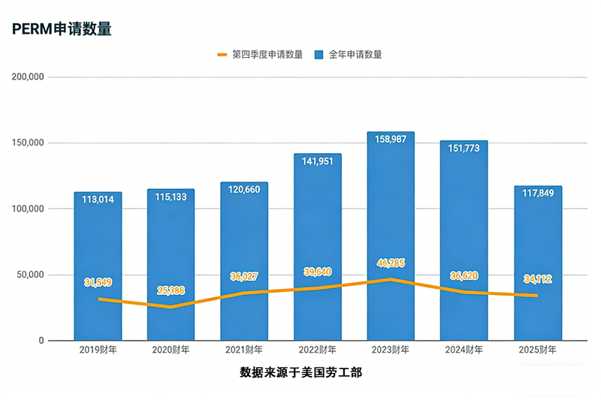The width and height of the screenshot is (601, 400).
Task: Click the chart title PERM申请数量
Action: point(62,29)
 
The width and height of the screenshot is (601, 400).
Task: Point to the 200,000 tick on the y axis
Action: point(29,77)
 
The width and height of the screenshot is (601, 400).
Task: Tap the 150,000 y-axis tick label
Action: point(29,143)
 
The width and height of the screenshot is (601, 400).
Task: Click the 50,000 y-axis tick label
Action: point(31,275)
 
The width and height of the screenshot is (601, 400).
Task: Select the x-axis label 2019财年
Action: point(98,350)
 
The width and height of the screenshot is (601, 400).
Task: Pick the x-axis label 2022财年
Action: point(318,350)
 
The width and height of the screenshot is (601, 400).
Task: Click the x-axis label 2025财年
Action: point(538,350)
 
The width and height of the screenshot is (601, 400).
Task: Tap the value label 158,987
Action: point(391,141)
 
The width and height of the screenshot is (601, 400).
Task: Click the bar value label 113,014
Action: point(98,200)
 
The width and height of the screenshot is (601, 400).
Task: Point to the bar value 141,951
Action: point(318,163)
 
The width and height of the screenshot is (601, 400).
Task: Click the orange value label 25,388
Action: point(171,290)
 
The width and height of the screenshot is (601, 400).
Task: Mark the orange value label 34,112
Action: point(538,279)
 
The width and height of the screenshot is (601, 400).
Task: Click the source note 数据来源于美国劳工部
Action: point(300,372)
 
